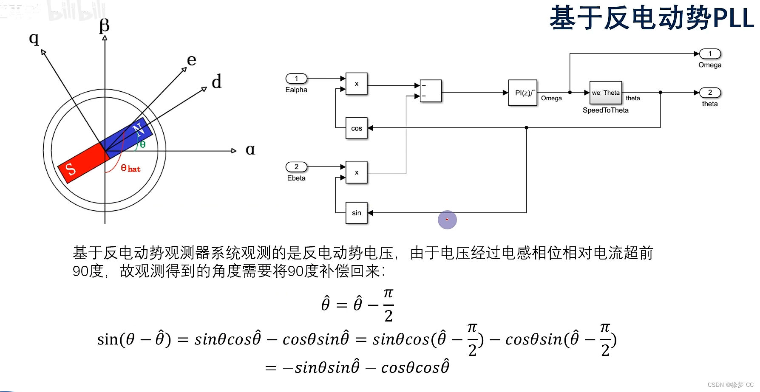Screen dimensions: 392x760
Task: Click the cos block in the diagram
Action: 356,128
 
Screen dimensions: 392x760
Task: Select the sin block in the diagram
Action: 356,213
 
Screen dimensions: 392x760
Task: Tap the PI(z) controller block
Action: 522,93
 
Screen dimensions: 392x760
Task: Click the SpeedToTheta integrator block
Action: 605,93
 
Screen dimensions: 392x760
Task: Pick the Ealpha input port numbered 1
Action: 296,79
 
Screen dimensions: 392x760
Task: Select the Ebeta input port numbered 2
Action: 296,167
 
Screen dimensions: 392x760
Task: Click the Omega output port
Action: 710,54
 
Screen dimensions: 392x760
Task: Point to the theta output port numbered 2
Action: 710,93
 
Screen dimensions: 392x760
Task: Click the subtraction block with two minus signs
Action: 431,91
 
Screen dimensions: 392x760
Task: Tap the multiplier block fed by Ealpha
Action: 356,84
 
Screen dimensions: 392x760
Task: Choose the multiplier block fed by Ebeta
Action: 356,172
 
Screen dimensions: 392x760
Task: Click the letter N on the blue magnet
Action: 137,129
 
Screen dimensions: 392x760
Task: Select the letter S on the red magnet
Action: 71,169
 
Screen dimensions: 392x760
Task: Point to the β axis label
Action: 104,25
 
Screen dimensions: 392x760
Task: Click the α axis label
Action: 250,149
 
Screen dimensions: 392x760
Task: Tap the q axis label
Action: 34,39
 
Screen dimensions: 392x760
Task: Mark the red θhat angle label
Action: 130,168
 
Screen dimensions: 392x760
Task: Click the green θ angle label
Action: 142,144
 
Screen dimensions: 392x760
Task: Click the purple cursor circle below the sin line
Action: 447,220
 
